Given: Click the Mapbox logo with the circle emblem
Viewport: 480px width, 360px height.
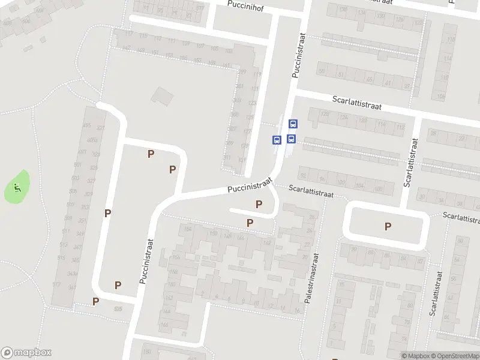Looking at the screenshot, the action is [26, 353].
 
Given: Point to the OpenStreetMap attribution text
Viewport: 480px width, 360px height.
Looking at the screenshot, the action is [455, 356].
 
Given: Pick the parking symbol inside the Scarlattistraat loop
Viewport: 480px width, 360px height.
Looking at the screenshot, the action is [388, 226].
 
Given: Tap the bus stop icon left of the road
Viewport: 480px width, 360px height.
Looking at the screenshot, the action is [277, 140].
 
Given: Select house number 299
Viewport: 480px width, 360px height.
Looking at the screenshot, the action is [242, 72].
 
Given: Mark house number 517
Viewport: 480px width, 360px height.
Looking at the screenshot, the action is [56, 284].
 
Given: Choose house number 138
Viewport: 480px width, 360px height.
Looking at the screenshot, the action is [343, 9].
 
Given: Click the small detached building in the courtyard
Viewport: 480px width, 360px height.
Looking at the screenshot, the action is [161, 95].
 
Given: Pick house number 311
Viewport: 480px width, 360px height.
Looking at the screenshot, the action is [227, 158].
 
